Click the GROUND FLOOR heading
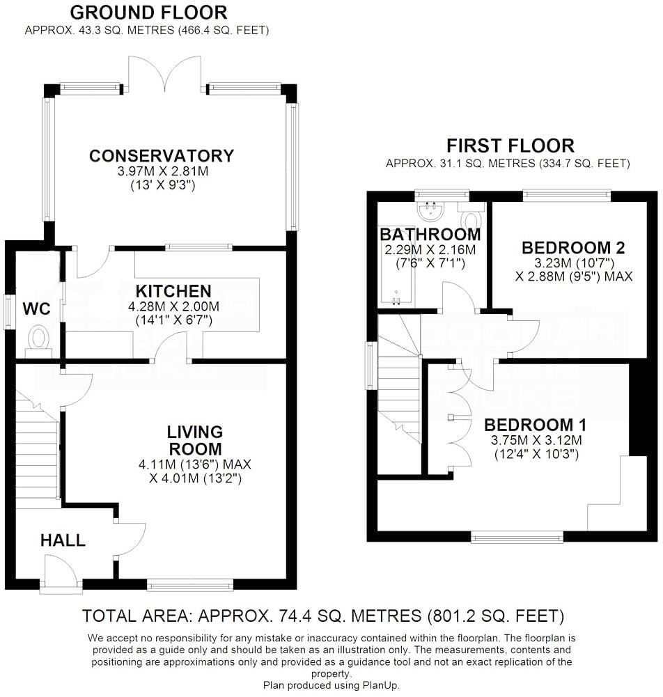[x=148, y=12]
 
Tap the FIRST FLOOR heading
[x=510, y=146]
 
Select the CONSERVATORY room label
[x=161, y=155]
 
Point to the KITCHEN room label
[x=173, y=290]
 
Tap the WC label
[x=36, y=308]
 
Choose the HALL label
[x=62, y=540]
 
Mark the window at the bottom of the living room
[x=190, y=584]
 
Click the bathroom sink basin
[x=430, y=207]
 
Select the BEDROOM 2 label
[x=572, y=247]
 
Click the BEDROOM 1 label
[x=535, y=425]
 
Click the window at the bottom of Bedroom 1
[x=517, y=537]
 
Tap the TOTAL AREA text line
[x=322, y=616]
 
